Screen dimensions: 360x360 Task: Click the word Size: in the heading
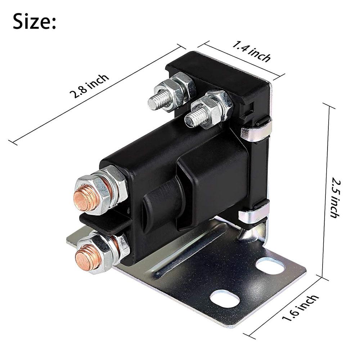tap(35, 22)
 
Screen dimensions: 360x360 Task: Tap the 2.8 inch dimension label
tap(89, 86)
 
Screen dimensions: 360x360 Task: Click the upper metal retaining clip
tap(256, 132)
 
